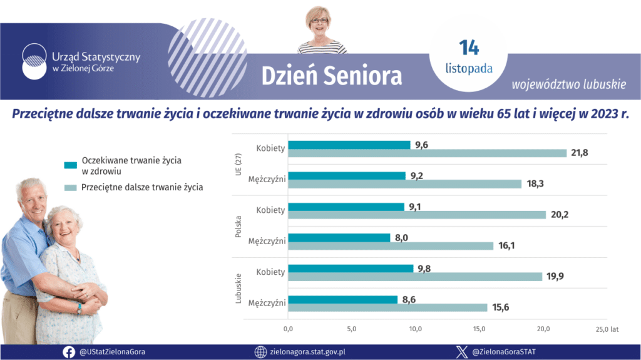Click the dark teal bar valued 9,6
tap(349, 145)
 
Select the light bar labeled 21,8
tap(428, 153)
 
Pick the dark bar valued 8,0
tap(339, 237)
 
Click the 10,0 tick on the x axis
tap(416, 329)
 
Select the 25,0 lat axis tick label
tap(606, 329)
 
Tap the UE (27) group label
tap(238, 165)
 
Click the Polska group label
tap(238, 226)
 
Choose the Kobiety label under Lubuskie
tap(270, 272)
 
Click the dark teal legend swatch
tap(70, 165)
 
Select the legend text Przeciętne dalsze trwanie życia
tap(142, 187)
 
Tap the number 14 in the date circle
tap(468, 48)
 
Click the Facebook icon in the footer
tap(69, 352)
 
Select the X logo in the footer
tap(461, 352)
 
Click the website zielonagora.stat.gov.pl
tap(307, 352)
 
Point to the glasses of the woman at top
tap(319, 21)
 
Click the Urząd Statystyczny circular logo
tap(33, 61)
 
